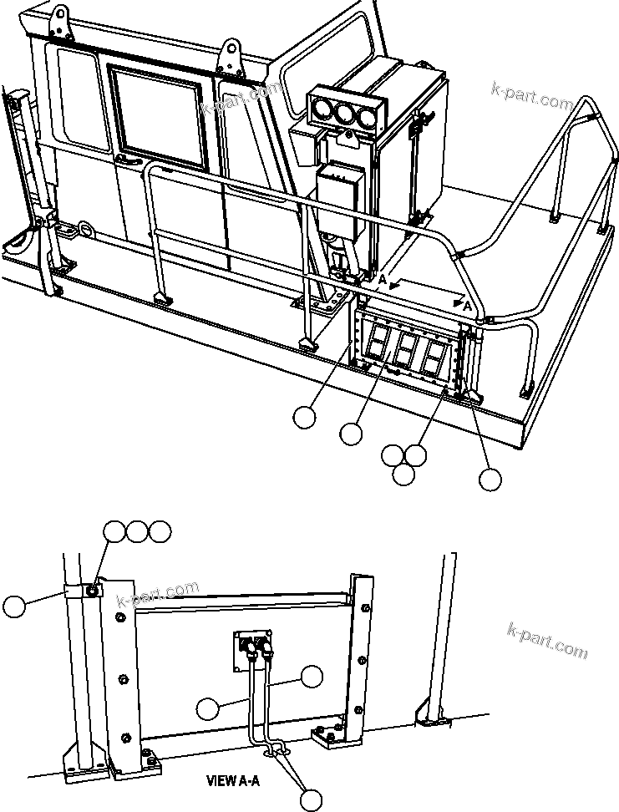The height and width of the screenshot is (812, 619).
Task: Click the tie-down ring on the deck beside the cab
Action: click(84, 228)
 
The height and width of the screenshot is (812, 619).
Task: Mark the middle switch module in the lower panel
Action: click(407, 348)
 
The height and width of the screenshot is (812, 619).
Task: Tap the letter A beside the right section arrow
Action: click(469, 308)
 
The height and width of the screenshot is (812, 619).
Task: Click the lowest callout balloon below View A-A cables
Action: click(311, 799)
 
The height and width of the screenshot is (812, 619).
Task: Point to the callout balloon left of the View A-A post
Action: click(14, 606)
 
